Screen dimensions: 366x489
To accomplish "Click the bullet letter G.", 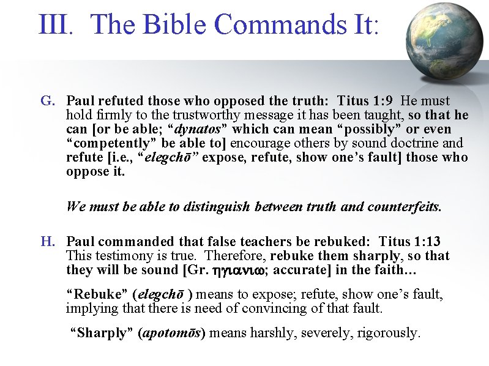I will pyautogui.click(x=47, y=100).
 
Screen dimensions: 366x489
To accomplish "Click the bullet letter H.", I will pyautogui.click(x=47, y=242).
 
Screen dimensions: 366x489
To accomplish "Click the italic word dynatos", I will pyautogui.click(x=198, y=129).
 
